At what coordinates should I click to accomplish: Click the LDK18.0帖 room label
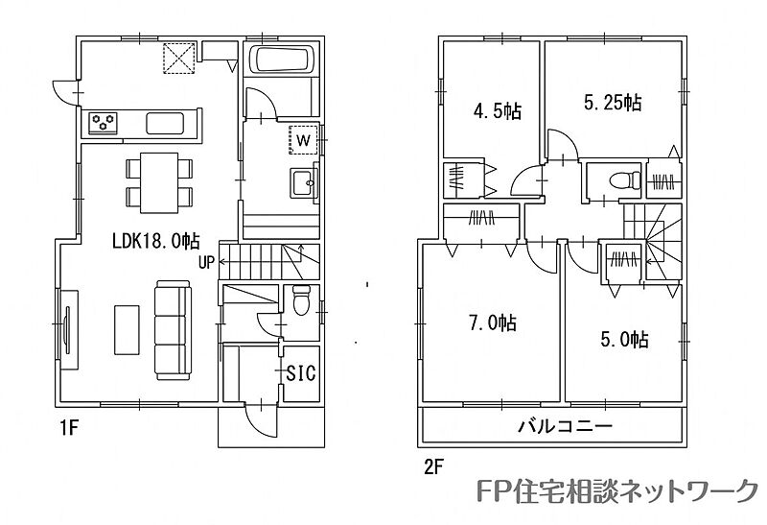coord(155,241)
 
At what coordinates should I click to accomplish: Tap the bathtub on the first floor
coord(281,60)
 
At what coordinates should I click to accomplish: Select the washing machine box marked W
coord(303,140)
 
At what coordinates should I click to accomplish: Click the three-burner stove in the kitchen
coord(104,122)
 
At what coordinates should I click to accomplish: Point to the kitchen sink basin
coord(165,123)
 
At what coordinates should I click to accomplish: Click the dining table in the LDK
coord(159,182)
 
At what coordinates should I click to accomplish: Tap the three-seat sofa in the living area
coord(173,330)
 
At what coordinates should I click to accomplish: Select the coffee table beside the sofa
coord(127,329)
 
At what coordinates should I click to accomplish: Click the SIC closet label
coord(301,373)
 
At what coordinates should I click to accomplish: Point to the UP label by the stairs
coord(206,263)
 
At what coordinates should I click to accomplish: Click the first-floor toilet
coord(301,299)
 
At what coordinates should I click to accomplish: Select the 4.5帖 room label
coord(497,111)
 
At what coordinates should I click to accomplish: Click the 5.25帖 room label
coord(613,103)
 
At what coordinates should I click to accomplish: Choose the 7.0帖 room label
coord(493,323)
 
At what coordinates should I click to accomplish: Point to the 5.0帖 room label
coord(625,339)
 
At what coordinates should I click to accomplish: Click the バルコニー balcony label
coord(565,426)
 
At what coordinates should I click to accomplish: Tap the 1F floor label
coord(68,428)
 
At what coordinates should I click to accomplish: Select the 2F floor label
coord(433,467)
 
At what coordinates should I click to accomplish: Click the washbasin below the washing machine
coord(303,182)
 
